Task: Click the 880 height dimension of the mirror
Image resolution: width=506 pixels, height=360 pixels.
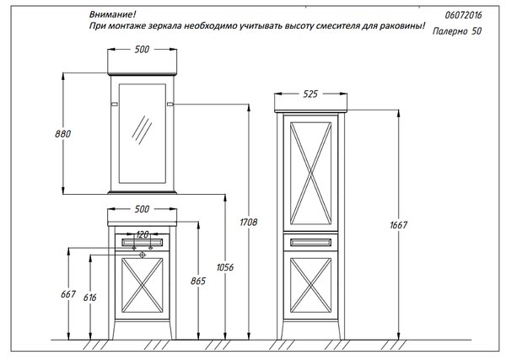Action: (62, 133)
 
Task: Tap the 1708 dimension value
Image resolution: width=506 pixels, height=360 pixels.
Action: (249, 222)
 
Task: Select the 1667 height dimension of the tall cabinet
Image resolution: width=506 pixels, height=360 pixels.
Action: (399, 225)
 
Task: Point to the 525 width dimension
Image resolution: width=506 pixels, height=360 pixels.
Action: (310, 94)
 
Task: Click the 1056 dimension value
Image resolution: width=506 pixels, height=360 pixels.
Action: (225, 267)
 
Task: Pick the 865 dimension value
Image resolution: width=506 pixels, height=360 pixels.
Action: (198, 281)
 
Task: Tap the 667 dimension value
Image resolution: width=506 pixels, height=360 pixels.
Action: (68, 294)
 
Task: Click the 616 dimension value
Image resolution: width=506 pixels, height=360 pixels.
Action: (89, 297)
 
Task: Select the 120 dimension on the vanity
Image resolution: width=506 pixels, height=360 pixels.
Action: (142, 234)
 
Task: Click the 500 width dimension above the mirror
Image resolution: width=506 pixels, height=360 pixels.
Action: (142, 50)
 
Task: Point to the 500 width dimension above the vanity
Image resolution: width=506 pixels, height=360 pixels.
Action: (142, 209)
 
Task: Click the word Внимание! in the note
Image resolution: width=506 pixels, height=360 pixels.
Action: (113, 14)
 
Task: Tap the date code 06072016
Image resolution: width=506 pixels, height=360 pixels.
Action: (463, 15)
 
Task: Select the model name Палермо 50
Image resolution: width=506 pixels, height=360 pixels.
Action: (457, 31)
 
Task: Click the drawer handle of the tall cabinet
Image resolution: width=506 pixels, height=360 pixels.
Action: (310, 242)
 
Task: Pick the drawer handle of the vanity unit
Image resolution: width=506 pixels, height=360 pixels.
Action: (142, 242)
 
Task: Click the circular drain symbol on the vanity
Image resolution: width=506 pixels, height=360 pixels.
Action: (142, 255)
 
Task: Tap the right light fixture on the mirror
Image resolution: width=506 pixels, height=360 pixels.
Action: (170, 105)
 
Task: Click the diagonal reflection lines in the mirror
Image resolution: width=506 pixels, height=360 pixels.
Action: (142, 130)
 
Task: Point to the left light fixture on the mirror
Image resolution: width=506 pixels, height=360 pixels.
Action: (114, 105)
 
